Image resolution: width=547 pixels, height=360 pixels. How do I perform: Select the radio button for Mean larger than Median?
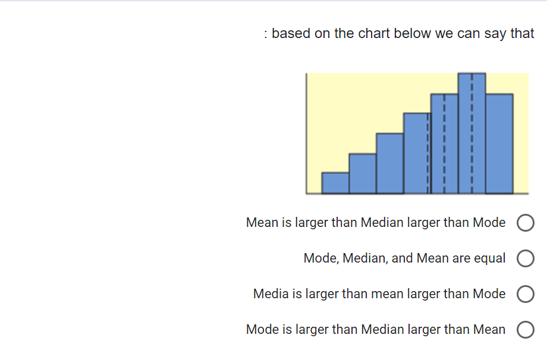(x=526, y=223)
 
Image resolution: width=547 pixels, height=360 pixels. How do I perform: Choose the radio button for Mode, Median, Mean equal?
(x=526, y=259)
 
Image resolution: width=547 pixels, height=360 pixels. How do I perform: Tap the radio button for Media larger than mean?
(x=526, y=294)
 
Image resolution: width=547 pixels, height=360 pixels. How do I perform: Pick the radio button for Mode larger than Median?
(x=526, y=330)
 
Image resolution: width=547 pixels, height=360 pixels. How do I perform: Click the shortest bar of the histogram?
(x=335, y=183)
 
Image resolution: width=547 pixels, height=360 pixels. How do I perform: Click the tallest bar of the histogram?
(x=471, y=134)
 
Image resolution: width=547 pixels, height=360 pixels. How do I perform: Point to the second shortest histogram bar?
(x=362, y=173)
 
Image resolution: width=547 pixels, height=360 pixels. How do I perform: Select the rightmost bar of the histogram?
(x=499, y=144)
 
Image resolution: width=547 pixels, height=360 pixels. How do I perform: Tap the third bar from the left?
(x=389, y=163)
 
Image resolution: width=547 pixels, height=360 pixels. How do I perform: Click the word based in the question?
(x=291, y=33)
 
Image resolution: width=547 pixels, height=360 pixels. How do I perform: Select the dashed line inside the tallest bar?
(x=471, y=134)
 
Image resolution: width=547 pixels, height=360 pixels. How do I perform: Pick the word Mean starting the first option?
(x=262, y=223)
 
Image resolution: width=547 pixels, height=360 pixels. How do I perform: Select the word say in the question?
(x=495, y=33)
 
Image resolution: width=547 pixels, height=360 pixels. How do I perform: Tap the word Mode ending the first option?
(x=489, y=223)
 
